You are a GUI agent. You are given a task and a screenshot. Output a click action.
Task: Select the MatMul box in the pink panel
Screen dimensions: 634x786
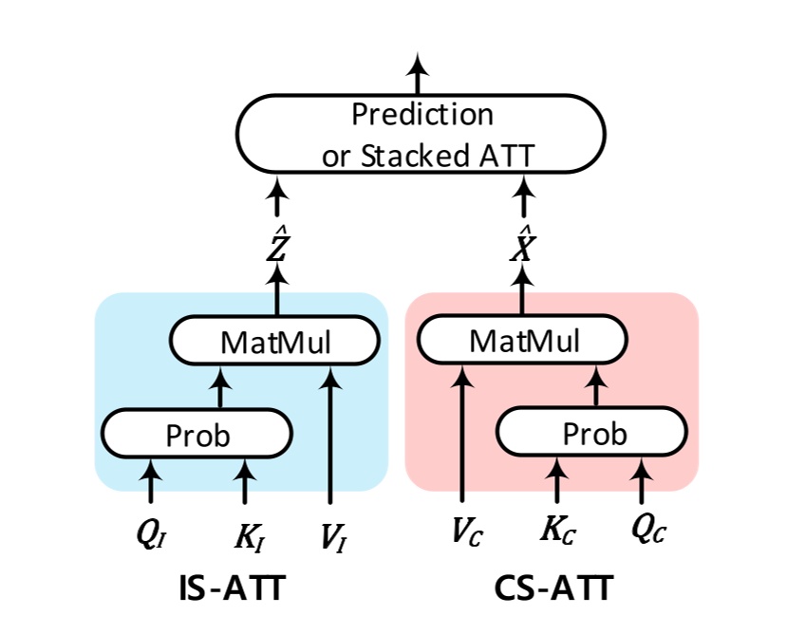[523, 340]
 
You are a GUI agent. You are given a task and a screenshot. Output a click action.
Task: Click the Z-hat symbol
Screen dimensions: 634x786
[277, 246]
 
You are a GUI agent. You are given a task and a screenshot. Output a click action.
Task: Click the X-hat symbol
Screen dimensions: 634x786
[523, 246]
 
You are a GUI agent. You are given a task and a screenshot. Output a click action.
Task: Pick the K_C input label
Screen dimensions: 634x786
[557, 531]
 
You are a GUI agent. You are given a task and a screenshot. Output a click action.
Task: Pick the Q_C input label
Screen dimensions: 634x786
[645, 531]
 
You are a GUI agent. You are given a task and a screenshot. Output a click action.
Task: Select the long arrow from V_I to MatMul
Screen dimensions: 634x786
[330, 437]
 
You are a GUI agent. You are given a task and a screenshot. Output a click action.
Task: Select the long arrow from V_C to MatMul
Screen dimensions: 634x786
[461, 437]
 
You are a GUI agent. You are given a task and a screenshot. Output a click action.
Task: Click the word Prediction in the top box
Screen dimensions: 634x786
[422, 115]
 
